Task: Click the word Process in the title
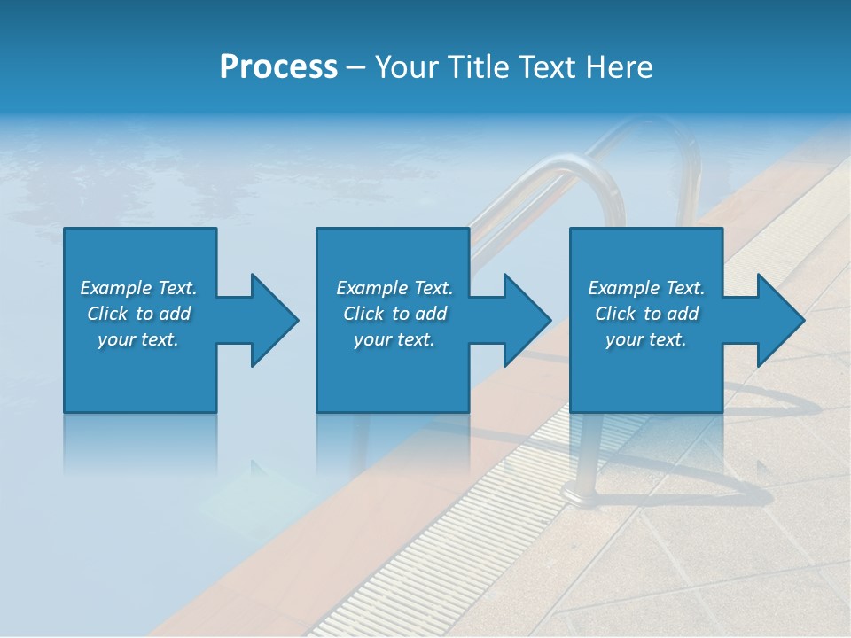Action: coord(278,66)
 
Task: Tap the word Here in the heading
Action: coord(619,66)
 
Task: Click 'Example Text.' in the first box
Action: coord(138,288)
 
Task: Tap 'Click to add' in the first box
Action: coord(138,314)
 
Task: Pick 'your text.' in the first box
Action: coord(138,339)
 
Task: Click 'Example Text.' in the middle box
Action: coord(394,288)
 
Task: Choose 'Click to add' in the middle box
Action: coord(394,314)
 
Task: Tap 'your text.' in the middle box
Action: coord(394,339)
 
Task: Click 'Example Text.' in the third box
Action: coord(646,288)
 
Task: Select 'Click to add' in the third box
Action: coord(646,314)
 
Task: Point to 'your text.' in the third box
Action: coord(646,339)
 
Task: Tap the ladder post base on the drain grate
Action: coord(585,487)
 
